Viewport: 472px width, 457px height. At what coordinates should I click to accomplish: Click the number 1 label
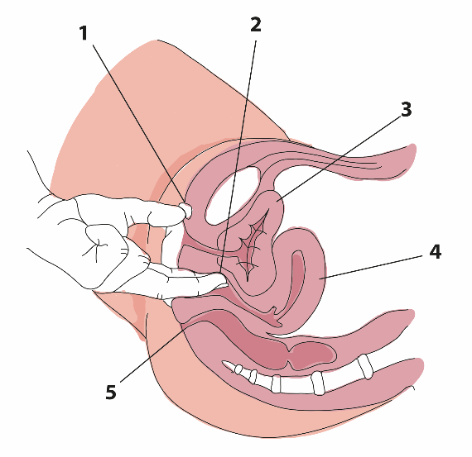point(84,33)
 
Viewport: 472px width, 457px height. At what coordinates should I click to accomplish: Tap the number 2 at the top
point(256,25)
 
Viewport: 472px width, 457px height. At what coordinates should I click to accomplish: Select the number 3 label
point(406,109)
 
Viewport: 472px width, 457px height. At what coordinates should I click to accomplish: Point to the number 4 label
point(436,252)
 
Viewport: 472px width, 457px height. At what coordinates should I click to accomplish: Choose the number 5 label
point(111,392)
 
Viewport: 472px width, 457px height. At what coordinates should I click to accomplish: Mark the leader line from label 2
point(238,156)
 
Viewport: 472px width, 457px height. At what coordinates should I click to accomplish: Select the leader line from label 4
point(372,268)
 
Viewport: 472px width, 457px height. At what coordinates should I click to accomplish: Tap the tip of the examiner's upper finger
point(188,211)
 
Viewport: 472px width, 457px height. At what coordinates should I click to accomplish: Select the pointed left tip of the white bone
point(223,363)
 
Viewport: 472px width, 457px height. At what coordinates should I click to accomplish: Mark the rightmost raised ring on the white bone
point(365,367)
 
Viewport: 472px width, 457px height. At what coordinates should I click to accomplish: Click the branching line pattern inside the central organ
point(250,243)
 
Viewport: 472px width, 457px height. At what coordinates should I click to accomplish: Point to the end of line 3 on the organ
point(277,201)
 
